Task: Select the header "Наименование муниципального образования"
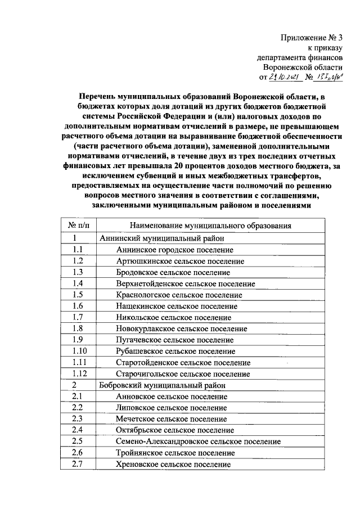(x=209, y=226)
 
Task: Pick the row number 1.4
(x=78, y=283)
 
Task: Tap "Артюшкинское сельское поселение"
(x=179, y=261)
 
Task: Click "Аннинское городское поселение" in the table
(x=175, y=250)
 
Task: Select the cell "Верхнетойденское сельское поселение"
(x=185, y=283)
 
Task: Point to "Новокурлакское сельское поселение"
(x=181, y=328)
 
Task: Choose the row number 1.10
(x=79, y=351)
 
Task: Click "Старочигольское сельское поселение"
(x=183, y=373)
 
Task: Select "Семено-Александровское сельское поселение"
(x=198, y=442)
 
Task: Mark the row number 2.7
(x=78, y=465)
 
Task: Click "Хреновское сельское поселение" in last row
(x=173, y=465)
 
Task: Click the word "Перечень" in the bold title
(x=96, y=97)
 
